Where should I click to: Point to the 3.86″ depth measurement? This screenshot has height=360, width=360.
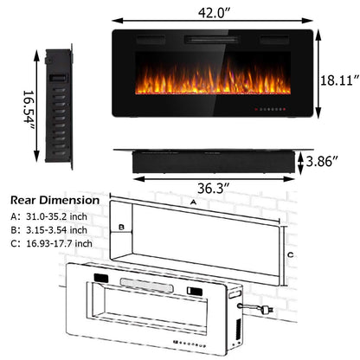click(x=330, y=161)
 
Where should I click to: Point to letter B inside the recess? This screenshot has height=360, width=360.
click(x=123, y=228)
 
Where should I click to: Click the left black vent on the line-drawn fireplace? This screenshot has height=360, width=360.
click(x=102, y=279)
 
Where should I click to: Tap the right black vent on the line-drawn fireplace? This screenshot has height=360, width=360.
click(x=190, y=289)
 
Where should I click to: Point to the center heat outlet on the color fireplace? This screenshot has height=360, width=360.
click(x=209, y=40)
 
